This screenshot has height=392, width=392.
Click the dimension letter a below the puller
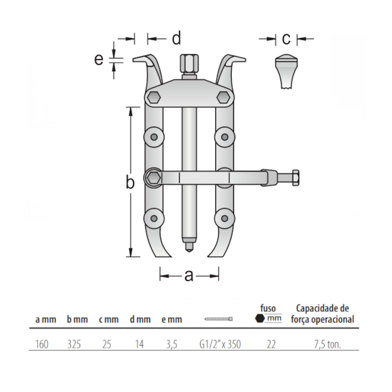pos(189,276)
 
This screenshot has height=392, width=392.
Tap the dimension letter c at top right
pos(286,39)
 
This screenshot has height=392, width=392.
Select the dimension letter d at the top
pos(176,39)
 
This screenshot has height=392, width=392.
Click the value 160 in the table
pos(41,346)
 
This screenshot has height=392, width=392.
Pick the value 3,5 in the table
pos(171,346)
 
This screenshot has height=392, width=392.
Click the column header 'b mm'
pos(77,320)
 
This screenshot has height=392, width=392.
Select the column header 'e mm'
pos(172,320)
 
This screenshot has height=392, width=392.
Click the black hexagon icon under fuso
pos(259,318)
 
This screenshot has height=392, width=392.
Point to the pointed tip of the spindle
pos(188,246)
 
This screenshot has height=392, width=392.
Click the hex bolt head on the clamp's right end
pos(296,178)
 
